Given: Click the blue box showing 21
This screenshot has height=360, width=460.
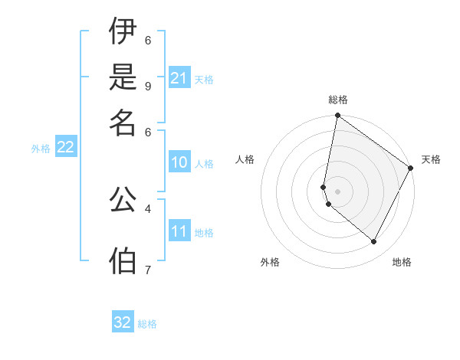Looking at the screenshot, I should [x=179, y=78].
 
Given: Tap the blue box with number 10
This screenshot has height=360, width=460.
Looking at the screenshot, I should [x=179, y=162].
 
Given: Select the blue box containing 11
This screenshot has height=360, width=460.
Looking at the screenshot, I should [x=179, y=231].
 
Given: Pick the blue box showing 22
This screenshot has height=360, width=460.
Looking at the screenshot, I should [x=65, y=147].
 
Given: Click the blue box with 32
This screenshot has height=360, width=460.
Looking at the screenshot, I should [x=123, y=322].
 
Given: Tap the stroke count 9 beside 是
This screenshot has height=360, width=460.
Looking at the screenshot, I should [x=148, y=85].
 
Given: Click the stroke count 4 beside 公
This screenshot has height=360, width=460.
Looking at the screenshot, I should [x=148, y=208].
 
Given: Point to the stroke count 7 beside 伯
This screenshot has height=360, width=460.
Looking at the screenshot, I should [x=148, y=270].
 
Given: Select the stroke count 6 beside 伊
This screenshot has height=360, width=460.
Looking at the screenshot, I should [x=148, y=40].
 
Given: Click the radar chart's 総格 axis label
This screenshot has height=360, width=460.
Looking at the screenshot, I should [x=338, y=100].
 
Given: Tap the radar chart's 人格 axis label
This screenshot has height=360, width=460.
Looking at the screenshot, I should [x=245, y=159].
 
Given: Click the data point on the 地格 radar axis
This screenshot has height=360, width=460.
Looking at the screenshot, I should [x=374, y=242].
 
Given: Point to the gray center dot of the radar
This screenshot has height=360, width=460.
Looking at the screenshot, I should [x=338, y=191].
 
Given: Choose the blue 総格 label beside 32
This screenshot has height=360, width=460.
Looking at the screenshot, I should [x=147, y=324].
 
